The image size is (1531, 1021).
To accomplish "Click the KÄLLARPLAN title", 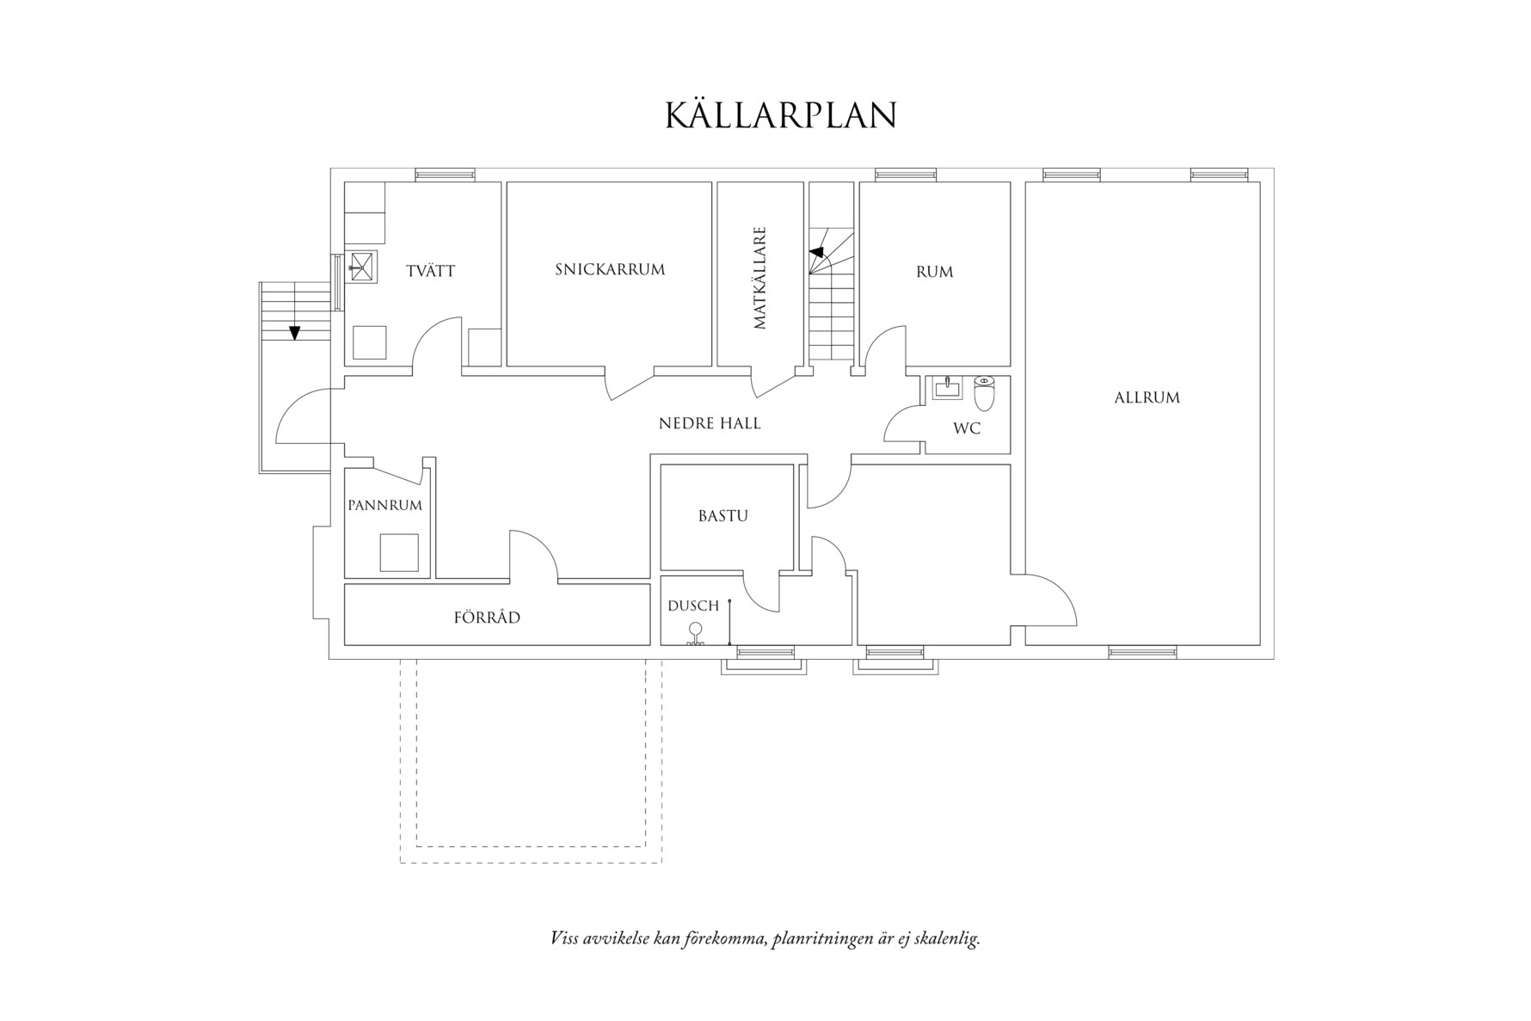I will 780,115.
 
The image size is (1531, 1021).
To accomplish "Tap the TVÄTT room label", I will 430,271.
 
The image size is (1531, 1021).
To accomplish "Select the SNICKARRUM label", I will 610,269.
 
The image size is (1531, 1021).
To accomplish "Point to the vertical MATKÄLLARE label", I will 759,278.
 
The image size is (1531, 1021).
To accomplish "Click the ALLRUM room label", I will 1147,397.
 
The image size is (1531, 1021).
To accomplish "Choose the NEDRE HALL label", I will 710,423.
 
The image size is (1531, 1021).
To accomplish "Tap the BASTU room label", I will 722,516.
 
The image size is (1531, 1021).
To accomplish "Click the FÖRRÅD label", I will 487,618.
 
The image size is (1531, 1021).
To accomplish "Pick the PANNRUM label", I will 385,505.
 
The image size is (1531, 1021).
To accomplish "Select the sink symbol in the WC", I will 947,388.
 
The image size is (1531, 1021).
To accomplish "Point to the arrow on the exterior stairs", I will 295,332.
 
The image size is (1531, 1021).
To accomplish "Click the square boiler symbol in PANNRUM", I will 399,552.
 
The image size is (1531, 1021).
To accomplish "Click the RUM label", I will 934,272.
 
